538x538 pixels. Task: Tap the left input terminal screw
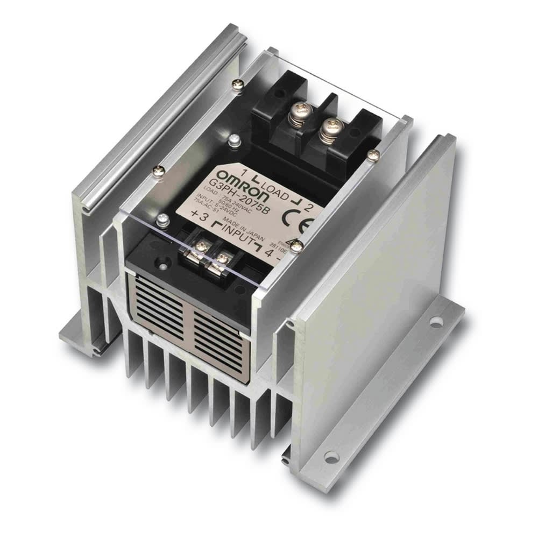coord(201,246)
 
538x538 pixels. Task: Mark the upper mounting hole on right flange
coord(436,322)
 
